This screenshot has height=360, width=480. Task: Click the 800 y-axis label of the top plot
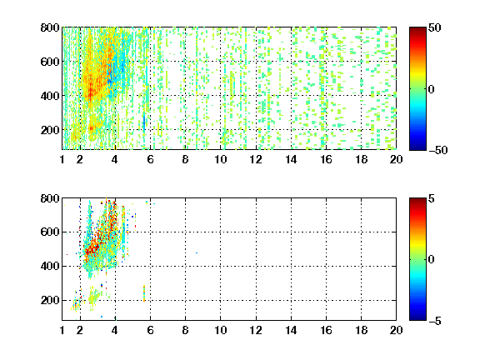[50, 27]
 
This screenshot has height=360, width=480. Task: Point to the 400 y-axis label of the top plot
[50, 96]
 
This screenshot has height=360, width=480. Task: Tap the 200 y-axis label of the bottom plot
[50, 300]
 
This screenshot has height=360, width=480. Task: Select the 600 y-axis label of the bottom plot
[50, 232]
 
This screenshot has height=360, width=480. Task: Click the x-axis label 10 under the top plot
[220, 159]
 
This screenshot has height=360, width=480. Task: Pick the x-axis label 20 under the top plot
[396, 159]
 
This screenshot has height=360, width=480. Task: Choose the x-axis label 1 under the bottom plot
[62, 330]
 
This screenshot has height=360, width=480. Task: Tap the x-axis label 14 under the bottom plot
[291, 330]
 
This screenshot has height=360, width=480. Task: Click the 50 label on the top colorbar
[435, 27]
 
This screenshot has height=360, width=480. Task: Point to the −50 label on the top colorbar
[438, 150]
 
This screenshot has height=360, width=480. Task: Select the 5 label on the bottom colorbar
[432, 198]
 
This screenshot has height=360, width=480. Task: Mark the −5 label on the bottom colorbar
[435, 321]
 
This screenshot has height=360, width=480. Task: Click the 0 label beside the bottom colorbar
[432, 260]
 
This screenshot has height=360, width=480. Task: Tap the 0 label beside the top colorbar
[432, 89]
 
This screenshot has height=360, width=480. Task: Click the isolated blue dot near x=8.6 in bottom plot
[197, 252]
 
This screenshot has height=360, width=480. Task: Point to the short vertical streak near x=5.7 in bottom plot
[144, 293]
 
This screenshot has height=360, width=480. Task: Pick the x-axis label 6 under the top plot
[150, 159]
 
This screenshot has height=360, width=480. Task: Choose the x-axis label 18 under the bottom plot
[361, 330]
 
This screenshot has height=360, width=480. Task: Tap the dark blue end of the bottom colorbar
[417, 318]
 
